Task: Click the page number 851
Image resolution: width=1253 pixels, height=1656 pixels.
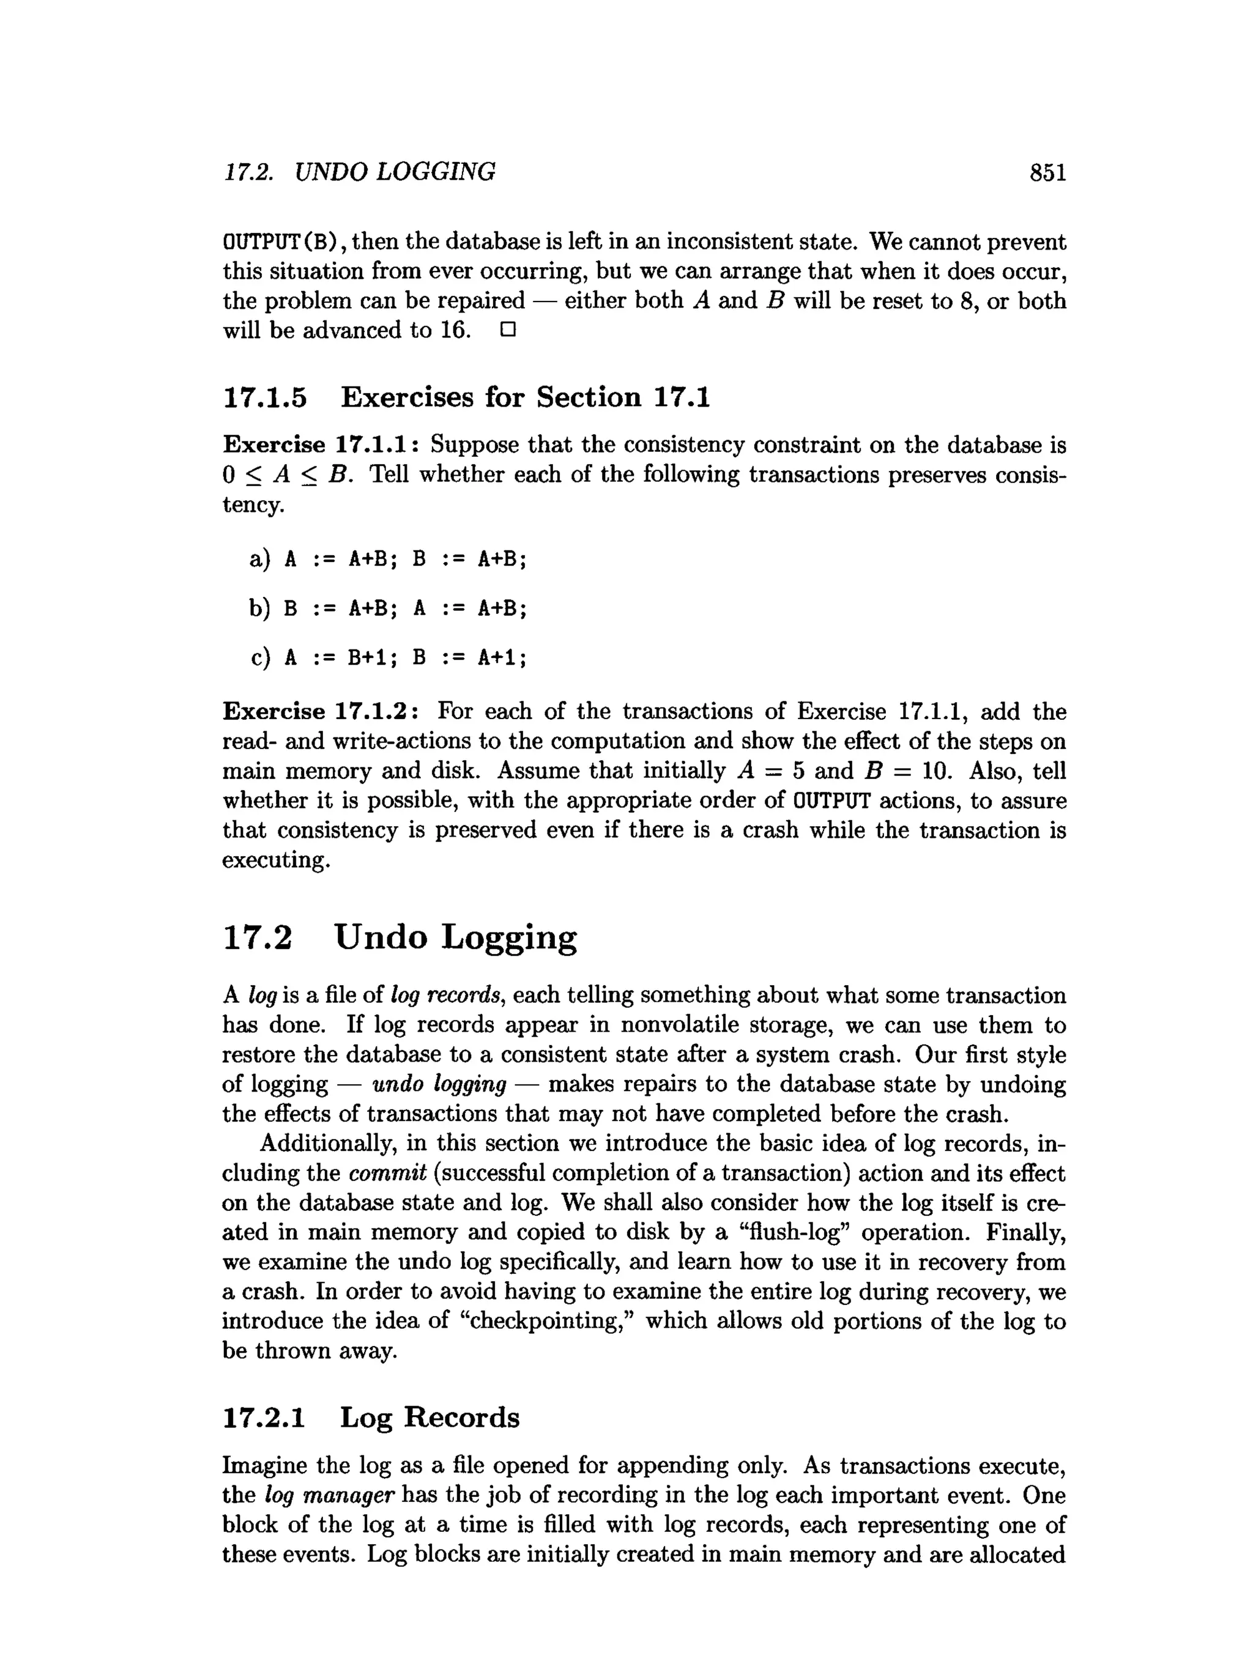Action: pyautogui.click(x=1047, y=172)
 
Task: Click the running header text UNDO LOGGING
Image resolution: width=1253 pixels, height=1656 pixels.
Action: pyautogui.click(x=395, y=172)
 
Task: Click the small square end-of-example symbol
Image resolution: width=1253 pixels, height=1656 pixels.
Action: pyautogui.click(x=508, y=330)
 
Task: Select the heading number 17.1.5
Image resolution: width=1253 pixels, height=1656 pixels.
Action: pyautogui.click(x=265, y=397)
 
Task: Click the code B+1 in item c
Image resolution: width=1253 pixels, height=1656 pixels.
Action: pyautogui.click(x=367, y=657)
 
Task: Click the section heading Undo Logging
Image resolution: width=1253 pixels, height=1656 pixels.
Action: pyautogui.click(x=455, y=937)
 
